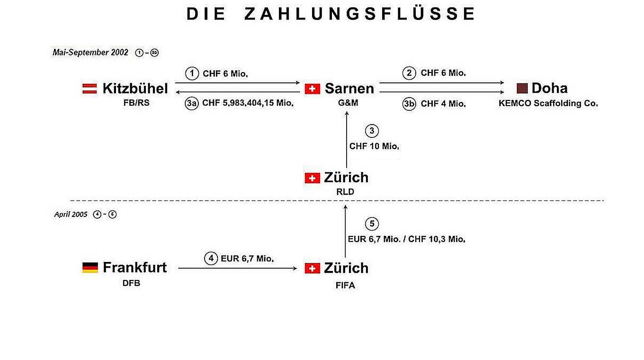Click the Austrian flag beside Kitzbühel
click(x=90, y=89)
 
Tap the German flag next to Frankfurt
click(x=90, y=268)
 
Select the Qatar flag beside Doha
click(x=522, y=88)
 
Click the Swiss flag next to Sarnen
click(x=312, y=89)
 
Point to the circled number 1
click(x=192, y=73)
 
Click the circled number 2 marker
click(x=410, y=73)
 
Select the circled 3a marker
click(x=192, y=104)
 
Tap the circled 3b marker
click(x=410, y=104)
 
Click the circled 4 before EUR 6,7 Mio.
click(x=211, y=259)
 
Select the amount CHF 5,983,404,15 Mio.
click(x=248, y=104)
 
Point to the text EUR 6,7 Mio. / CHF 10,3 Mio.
click(x=406, y=239)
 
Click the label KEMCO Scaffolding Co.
click(x=548, y=103)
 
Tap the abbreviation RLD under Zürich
click(x=345, y=192)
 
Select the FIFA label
click(x=345, y=285)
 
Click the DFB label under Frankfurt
click(x=131, y=284)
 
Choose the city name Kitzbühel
click(x=135, y=89)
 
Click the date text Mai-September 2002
click(x=90, y=53)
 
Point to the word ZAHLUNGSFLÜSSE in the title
click(x=359, y=14)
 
